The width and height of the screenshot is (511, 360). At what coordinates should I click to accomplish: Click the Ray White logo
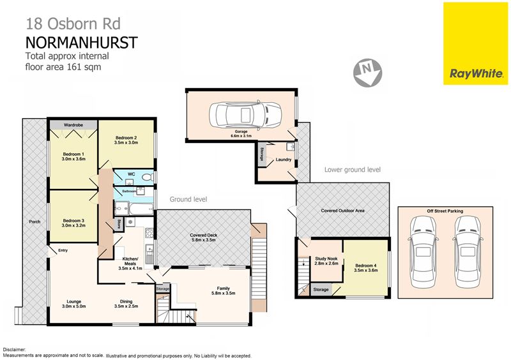click(475, 43)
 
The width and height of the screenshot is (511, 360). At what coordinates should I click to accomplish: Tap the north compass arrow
click(368, 73)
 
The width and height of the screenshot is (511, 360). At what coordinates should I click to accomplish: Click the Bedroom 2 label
click(126, 140)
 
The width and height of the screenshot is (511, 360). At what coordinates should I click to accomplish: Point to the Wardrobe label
click(73, 124)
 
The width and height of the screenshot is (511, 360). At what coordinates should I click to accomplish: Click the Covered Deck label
click(204, 237)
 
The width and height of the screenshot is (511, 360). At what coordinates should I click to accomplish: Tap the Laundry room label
click(284, 160)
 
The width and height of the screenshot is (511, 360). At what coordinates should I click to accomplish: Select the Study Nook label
click(326, 261)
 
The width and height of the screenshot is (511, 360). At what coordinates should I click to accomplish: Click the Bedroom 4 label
click(366, 268)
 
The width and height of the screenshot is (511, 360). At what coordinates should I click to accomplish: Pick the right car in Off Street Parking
click(468, 252)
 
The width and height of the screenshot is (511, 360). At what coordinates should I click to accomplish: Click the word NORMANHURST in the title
click(82, 43)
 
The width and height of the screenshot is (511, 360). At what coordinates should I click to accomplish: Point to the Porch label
click(34, 221)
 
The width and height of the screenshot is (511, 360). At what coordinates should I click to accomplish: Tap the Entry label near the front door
click(63, 250)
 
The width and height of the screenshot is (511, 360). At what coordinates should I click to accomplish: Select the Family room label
click(223, 290)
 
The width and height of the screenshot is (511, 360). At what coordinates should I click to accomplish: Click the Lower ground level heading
click(353, 170)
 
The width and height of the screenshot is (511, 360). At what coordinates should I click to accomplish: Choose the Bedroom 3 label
click(73, 223)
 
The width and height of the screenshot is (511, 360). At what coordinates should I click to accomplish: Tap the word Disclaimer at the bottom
click(14, 350)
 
